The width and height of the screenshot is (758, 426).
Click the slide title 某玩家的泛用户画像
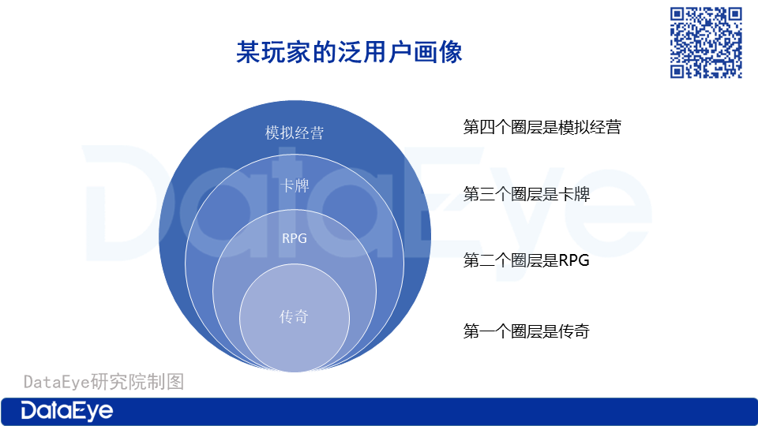(x=349, y=52)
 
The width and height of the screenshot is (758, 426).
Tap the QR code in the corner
(x=706, y=43)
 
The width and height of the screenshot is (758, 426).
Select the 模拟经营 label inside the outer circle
(x=295, y=133)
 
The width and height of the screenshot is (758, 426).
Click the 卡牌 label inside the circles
(x=295, y=185)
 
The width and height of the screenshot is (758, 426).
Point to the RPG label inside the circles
(x=295, y=238)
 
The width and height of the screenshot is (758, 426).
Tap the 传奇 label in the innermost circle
(x=294, y=317)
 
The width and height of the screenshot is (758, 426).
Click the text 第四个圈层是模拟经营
(x=542, y=127)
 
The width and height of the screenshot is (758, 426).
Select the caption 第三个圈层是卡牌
(x=527, y=194)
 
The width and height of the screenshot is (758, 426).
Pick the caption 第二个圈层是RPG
(x=527, y=260)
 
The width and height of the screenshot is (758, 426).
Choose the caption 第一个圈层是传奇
(x=527, y=331)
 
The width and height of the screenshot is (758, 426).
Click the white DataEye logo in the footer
(x=66, y=411)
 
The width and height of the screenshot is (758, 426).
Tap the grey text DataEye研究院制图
(x=104, y=382)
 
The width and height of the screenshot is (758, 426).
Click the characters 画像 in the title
(x=437, y=52)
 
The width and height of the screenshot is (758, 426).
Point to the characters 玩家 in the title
(x=286, y=52)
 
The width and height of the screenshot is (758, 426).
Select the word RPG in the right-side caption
(x=574, y=260)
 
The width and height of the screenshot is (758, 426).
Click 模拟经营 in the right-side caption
(x=590, y=127)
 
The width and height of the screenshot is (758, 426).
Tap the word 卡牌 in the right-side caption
(x=574, y=194)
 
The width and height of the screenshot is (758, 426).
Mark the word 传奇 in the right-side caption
(x=574, y=331)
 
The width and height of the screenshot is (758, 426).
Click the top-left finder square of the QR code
(x=677, y=14)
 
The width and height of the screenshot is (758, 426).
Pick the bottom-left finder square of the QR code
(x=677, y=71)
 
